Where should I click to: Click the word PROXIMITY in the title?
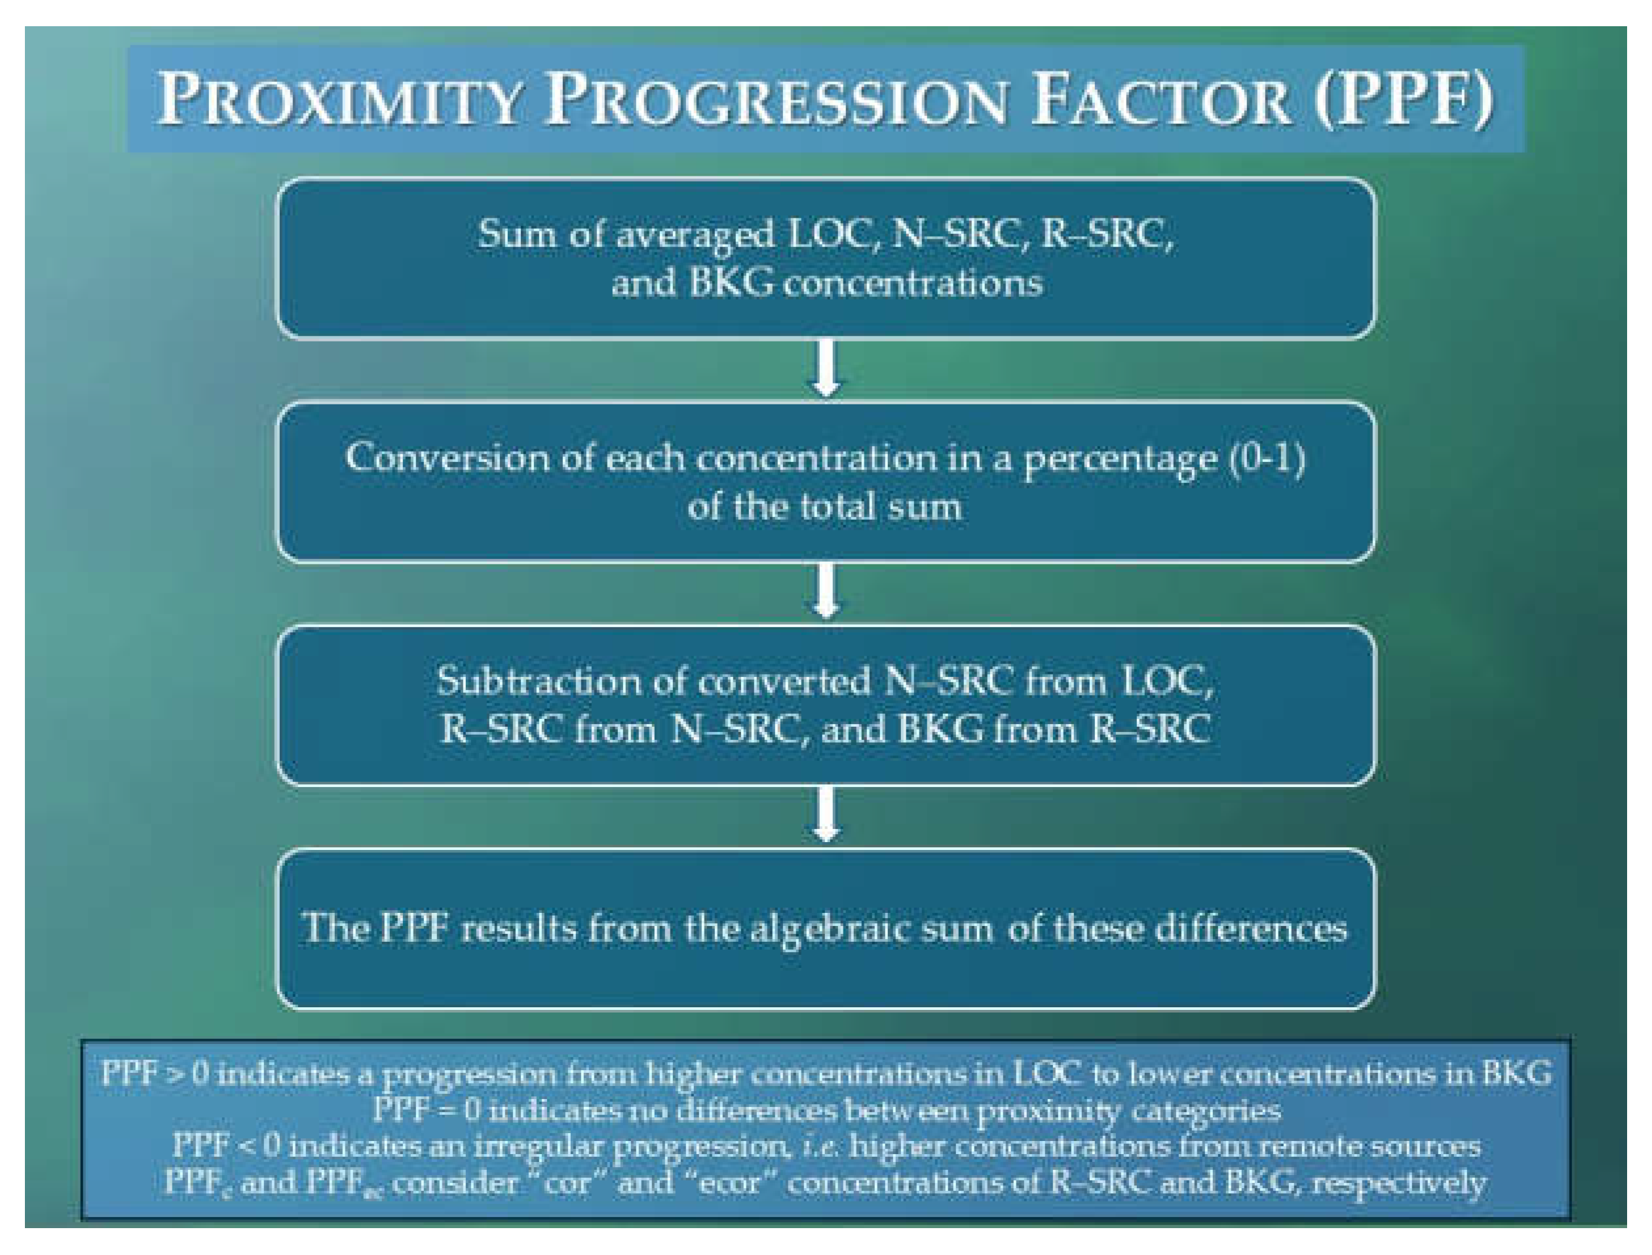click(340, 100)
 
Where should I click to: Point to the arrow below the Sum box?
click(826, 368)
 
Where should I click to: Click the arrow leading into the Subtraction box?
click(826, 591)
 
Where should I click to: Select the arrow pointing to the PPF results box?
click(826, 814)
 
